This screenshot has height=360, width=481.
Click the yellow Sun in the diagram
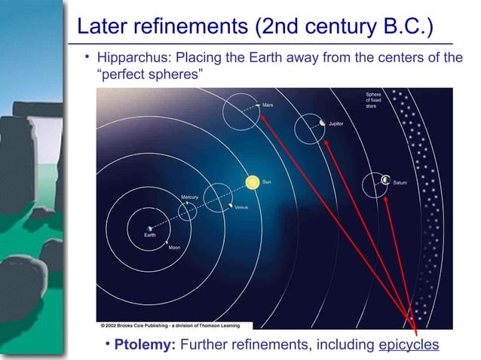(x=253, y=182)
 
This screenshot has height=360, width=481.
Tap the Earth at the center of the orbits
(x=149, y=227)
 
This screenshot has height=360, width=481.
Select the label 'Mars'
(x=268, y=105)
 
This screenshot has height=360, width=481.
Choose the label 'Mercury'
(x=189, y=197)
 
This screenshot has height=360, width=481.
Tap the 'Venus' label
(x=241, y=206)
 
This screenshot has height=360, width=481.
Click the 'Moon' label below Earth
(x=173, y=248)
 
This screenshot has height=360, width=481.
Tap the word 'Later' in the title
(x=102, y=27)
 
